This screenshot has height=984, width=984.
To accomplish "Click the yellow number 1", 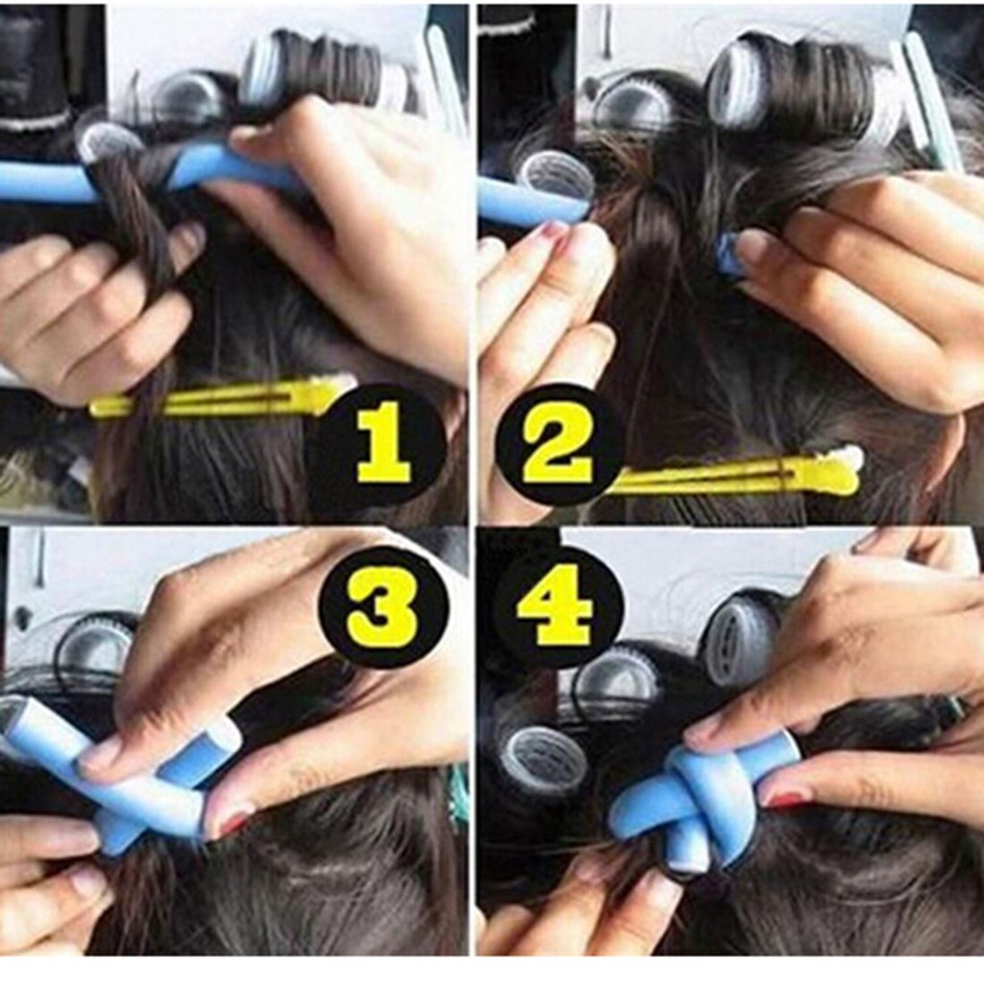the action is [384, 443].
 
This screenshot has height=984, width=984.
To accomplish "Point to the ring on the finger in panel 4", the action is [950, 709].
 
